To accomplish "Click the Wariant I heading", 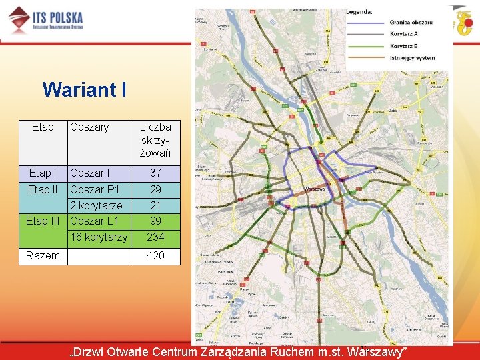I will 84,89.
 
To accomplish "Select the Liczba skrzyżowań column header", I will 155,140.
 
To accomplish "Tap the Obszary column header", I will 89,127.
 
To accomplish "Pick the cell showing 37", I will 155,173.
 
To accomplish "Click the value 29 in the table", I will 155,189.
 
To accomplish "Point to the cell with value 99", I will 155,221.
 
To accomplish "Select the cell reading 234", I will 155,237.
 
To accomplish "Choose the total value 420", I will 155,255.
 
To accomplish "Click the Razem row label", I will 43,255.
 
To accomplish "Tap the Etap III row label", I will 43,221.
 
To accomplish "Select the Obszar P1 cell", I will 95,189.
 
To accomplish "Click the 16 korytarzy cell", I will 99,237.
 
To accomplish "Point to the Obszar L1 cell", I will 94,221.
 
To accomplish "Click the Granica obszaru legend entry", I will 411,22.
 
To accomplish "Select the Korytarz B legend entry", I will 404,46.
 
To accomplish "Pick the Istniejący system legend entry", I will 412,58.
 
